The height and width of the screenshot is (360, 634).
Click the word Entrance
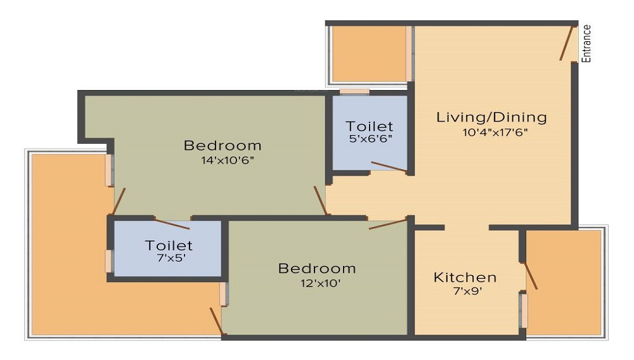pos(586,44)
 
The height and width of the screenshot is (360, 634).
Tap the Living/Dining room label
pos(492,117)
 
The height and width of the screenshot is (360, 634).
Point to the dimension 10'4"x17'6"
pos(495,132)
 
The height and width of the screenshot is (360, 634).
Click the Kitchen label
pos(465,277)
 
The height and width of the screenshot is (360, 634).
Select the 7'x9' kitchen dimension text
pos(467,291)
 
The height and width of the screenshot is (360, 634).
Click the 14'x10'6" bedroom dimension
pos(228,160)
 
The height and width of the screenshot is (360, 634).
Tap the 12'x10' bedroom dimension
pos(320,283)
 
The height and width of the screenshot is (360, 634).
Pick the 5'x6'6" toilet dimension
pos(371,138)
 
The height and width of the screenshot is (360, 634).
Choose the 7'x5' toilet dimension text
pos(171,257)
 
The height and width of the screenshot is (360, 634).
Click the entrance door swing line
pos(567,43)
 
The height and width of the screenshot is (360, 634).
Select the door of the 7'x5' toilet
pos(172,224)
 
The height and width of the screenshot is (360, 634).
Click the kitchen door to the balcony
pos(531,276)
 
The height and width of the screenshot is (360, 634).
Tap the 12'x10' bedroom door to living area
pos(387,224)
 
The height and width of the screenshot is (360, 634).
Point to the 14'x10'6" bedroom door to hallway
pos(320,200)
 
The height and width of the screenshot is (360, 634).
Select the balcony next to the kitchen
pos(564,283)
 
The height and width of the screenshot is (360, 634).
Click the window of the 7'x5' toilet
pos(109,261)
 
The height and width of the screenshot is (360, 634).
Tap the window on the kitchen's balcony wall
pos(524,311)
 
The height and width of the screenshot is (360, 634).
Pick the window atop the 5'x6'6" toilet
pos(354,92)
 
